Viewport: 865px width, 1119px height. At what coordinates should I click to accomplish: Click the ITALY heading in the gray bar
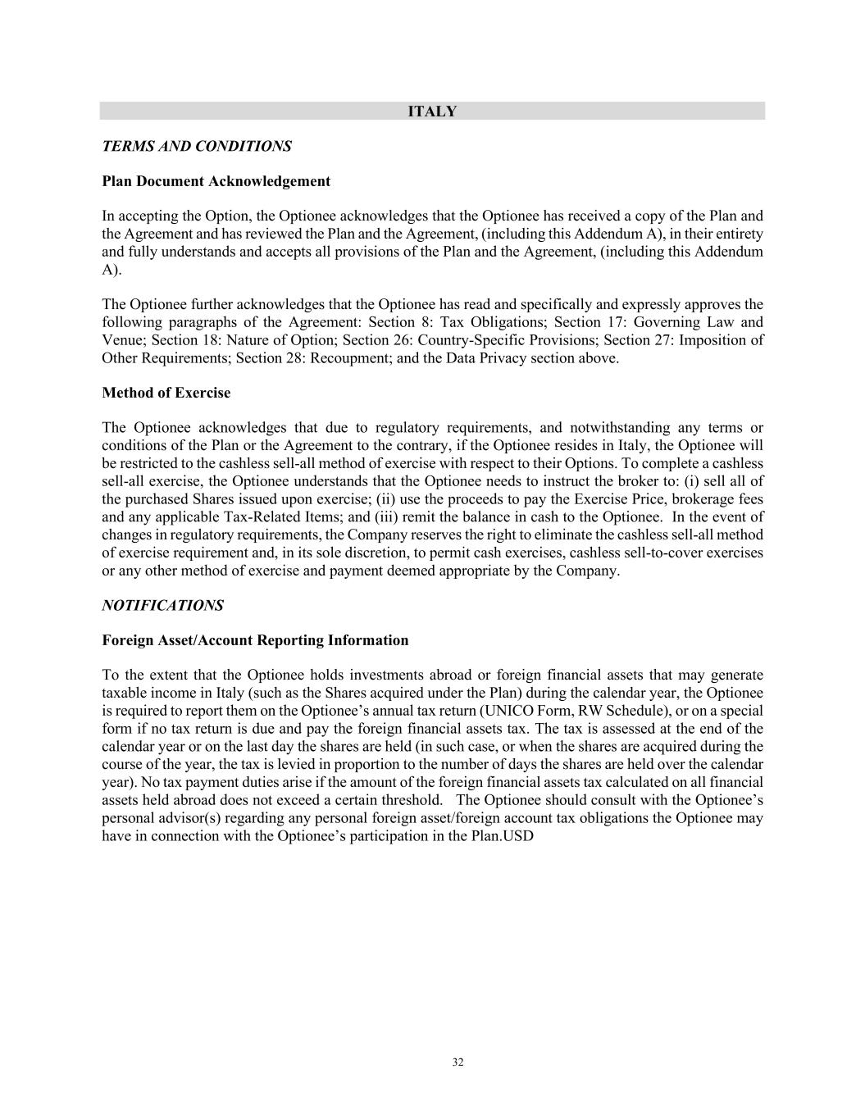click(432, 111)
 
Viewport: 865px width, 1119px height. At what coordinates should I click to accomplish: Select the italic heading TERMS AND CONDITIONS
click(197, 146)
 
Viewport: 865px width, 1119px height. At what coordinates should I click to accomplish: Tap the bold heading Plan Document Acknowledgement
click(216, 181)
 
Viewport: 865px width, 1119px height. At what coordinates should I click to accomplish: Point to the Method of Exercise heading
click(166, 393)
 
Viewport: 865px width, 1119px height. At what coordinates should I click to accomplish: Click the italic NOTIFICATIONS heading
click(162, 606)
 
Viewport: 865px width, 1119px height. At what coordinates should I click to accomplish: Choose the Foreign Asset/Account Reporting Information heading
click(255, 640)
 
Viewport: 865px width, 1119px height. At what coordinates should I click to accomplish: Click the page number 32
click(458, 1062)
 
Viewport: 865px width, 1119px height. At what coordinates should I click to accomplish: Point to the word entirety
click(738, 234)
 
